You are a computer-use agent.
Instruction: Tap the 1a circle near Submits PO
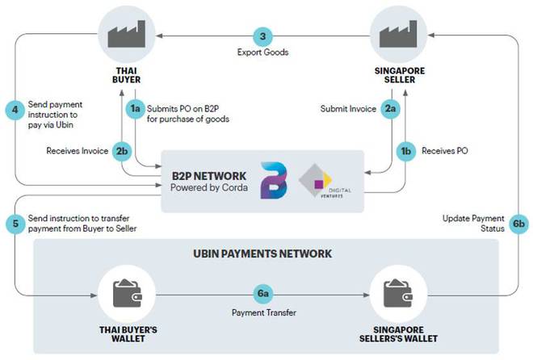coord(136,107)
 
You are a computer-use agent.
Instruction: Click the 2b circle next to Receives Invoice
coord(121,149)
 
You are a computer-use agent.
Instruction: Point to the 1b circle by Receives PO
coord(406,149)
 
